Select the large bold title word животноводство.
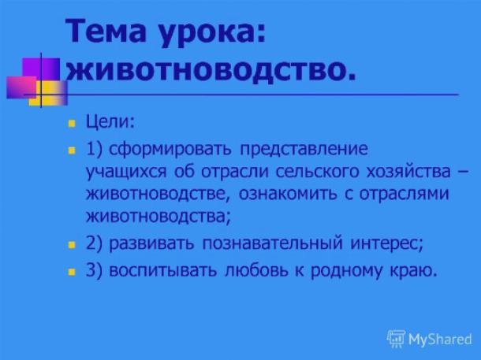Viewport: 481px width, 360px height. tap(211, 70)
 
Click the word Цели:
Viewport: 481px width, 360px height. tap(110, 122)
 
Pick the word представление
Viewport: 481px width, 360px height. tap(304, 150)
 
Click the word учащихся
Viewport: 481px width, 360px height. tap(126, 173)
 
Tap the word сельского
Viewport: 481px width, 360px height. tap(317, 171)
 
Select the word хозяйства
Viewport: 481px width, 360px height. tap(408, 171)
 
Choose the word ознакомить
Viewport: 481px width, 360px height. tap(288, 195)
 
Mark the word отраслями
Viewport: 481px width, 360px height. tap(404, 195)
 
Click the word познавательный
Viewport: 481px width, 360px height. tap(272, 243)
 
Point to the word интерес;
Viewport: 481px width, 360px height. tap(387, 244)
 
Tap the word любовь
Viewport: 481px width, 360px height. tap(256, 270)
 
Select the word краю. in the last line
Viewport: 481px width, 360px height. tap(413, 271)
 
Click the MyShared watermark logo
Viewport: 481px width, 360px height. tap(430, 339)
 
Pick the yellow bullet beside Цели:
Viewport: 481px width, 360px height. tap(72, 124)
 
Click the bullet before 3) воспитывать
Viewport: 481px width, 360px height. tap(72, 272)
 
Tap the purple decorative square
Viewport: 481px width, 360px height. tap(41, 69)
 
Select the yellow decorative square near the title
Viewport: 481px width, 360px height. tap(48, 93)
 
